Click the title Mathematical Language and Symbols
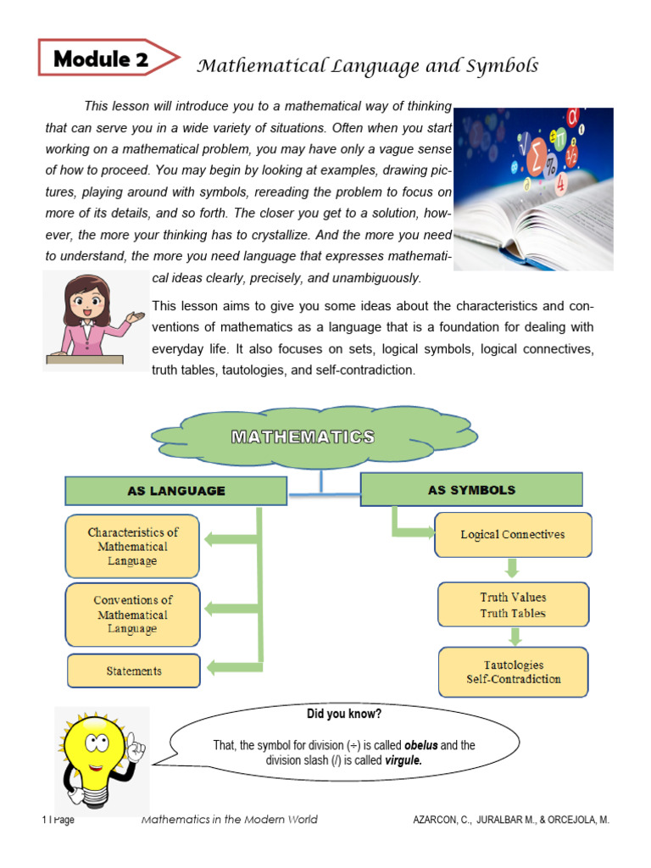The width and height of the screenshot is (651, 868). pos(368,66)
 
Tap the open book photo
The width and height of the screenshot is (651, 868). pos(533,188)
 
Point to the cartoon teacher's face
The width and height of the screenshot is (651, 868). pos(86,302)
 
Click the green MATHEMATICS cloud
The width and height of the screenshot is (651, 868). pos(303,438)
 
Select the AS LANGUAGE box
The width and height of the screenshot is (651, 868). pos(175,491)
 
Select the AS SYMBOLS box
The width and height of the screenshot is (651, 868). pos(471,490)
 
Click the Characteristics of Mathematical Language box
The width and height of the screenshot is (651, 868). pos(133,547)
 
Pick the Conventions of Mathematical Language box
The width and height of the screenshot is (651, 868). pos(132,615)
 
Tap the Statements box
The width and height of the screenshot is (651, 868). pos(134,670)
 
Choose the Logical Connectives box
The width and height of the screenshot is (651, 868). pos(513,535)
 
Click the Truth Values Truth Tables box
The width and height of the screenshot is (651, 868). pos(513,605)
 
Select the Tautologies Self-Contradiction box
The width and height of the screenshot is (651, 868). pos(513,671)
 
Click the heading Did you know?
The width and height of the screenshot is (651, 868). pos(343,714)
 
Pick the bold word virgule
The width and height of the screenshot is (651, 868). pos(403,760)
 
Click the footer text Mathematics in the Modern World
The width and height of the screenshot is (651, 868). pos(229,820)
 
